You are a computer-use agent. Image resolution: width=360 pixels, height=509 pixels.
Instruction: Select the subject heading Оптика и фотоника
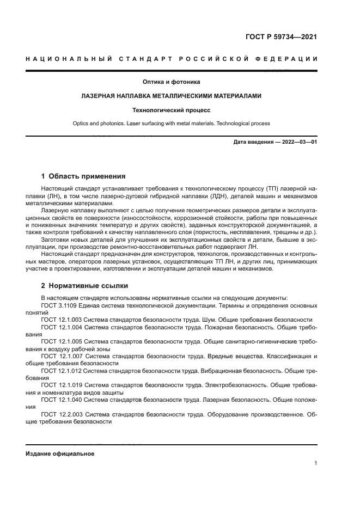(x=171, y=82)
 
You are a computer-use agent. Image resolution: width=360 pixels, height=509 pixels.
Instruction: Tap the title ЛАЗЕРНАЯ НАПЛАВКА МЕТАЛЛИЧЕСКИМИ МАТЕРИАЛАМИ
(x=171, y=96)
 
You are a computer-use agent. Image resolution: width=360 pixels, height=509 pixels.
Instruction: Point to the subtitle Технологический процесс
(x=171, y=109)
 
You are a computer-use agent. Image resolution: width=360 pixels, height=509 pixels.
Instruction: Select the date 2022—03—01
(x=298, y=143)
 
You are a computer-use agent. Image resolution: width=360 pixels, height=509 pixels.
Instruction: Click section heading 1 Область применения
(x=83, y=176)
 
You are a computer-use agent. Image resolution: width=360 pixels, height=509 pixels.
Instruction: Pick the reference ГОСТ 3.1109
(x=59, y=306)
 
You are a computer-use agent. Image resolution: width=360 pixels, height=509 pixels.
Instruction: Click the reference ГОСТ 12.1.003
(x=62, y=320)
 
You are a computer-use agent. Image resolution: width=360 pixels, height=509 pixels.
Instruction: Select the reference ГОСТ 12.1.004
(x=62, y=328)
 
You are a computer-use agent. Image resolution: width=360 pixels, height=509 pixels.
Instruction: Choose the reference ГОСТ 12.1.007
(x=62, y=356)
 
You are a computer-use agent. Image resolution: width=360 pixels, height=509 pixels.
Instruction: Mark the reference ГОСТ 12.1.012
(x=62, y=371)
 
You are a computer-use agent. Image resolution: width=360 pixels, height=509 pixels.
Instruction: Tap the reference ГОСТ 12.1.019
(x=62, y=385)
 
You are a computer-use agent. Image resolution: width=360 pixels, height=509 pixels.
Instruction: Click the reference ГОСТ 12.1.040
(x=62, y=400)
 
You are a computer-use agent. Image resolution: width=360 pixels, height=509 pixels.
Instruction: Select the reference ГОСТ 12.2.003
(x=62, y=414)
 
